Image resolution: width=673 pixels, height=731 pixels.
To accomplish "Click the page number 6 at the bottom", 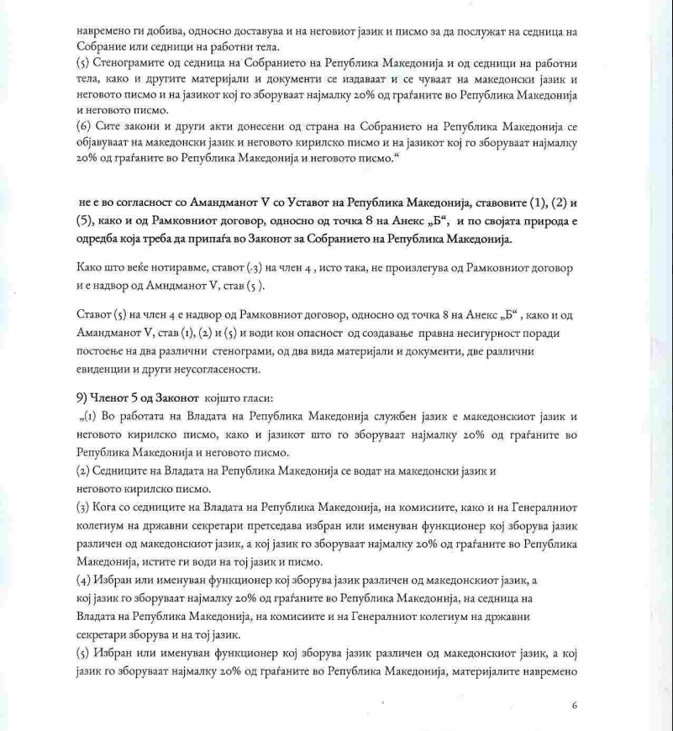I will pos(574,706).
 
